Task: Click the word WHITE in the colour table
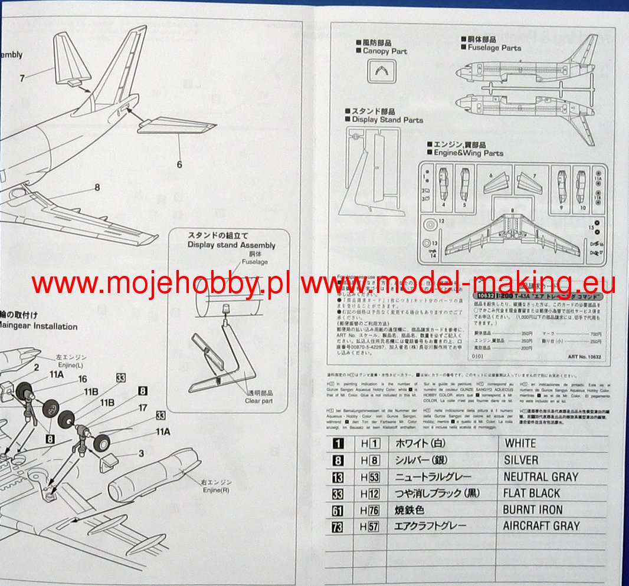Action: (520, 443)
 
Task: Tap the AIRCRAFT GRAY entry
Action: (541, 526)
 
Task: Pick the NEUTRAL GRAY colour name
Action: (540, 476)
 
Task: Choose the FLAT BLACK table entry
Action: (532, 493)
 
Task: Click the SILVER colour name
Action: (521, 460)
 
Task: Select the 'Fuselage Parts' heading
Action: (494, 47)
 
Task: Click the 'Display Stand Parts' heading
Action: (387, 120)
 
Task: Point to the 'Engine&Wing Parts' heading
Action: (469, 153)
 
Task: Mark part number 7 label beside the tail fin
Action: (22, 78)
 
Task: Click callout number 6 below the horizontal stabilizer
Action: (179, 164)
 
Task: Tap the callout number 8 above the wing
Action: (97, 188)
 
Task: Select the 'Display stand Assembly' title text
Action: (231, 245)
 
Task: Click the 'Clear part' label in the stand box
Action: (259, 401)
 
